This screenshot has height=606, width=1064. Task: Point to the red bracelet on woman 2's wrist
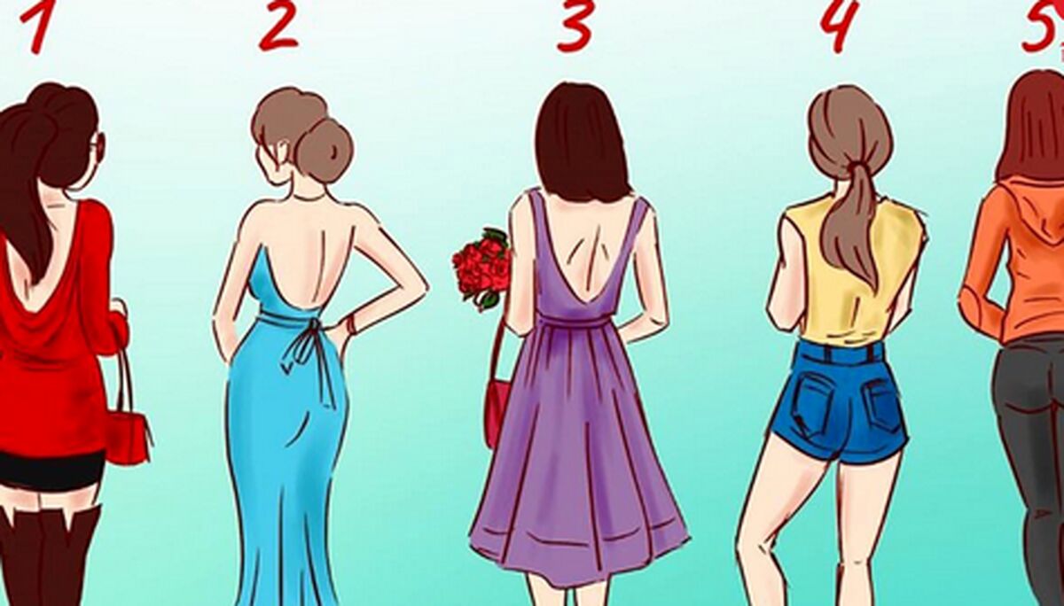click(x=352, y=324)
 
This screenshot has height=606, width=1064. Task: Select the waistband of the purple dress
click(x=575, y=322)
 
